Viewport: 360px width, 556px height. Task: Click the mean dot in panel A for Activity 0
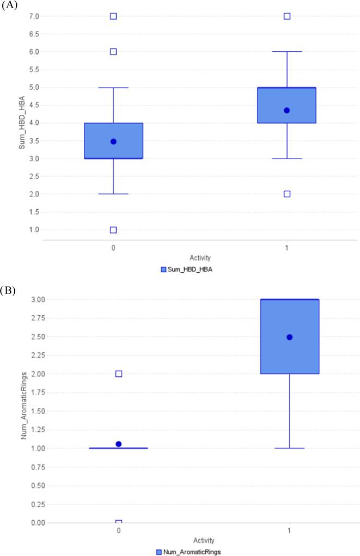point(113,142)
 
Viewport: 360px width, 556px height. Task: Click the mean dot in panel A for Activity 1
point(286,111)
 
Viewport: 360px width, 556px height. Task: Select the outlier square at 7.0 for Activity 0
point(113,16)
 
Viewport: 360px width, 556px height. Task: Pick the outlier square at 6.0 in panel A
point(113,52)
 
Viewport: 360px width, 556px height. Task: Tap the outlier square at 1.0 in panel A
point(113,230)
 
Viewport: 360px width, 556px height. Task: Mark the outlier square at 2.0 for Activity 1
point(286,194)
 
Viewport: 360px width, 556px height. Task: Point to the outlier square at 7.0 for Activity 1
point(286,16)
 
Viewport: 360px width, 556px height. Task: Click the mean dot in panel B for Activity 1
point(290,337)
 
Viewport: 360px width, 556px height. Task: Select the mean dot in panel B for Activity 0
point(119,444)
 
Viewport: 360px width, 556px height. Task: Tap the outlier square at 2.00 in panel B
point(119,374)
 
